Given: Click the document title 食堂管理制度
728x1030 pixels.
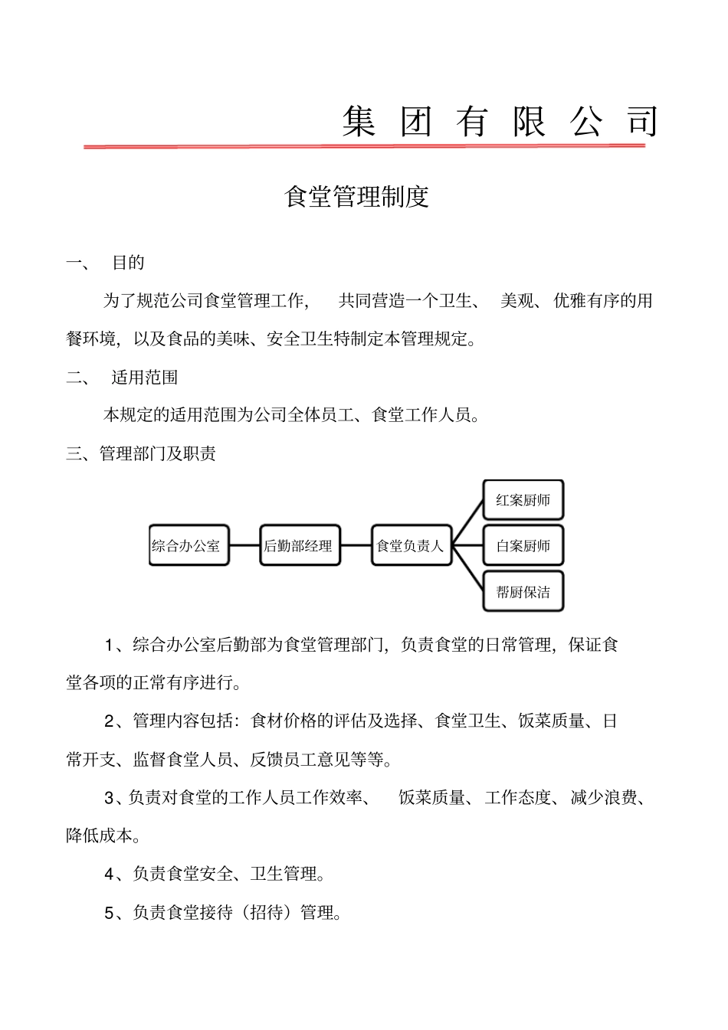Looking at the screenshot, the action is (x=356, y=197).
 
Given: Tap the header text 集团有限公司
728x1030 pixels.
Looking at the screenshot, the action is (x=500, y=122).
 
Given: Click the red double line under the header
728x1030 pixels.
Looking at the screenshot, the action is (x=364, y=146).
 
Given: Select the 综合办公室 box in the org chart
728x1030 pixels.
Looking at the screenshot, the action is (x=189, y=545).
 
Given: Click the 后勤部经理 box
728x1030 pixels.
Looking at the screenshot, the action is (x=300, y=545).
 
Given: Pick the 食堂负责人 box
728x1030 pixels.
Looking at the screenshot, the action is (x=412, y=545).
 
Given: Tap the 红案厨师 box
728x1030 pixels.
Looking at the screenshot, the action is (x=523, y=500).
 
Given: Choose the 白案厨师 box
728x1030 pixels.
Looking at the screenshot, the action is (x=523, y=545).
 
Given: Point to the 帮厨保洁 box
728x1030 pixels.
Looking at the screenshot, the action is (x=523, y=591).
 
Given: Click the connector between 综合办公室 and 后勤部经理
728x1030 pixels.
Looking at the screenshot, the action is (x=244, y=545).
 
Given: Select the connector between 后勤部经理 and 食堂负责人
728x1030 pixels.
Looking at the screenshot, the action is (x=356, y=545).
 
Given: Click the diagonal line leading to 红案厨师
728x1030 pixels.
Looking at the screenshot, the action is (x=468, y=522).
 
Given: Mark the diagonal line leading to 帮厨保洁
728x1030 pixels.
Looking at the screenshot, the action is (x=468, y=568).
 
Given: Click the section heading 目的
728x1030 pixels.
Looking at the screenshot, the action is (x=128, y=263).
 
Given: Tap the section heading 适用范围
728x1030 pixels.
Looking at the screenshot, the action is (x=145, y=378).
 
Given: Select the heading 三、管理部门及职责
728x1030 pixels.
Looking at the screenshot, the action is (x=141, y=453).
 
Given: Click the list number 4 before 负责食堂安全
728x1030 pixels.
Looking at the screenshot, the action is (x=110, y=874).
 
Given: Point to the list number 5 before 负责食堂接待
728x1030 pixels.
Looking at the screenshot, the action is (x=110, y=912).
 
